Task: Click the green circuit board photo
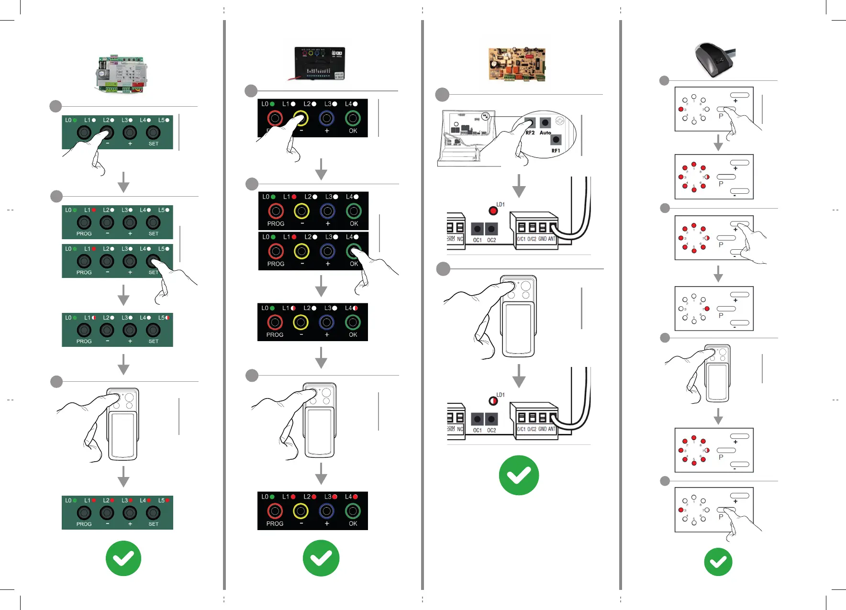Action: point(122,74)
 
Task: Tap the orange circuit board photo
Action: point(516,64)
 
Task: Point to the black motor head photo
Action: point(713,59)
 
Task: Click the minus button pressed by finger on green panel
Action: point(107,133)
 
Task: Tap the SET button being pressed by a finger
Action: point(153,261)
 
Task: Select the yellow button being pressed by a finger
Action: point(301,118)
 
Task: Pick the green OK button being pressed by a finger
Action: point(353,251)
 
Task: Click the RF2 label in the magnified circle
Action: point(530,133)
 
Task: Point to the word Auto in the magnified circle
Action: point(545,133)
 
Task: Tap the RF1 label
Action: point(556,151)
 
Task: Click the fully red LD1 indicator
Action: point(493,211)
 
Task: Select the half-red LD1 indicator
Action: point(493,401)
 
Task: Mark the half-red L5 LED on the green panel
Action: point(167,318)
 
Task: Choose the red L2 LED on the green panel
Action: point(112,500)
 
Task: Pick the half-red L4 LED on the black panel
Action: point(355,308)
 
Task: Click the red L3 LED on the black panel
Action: point(334,497)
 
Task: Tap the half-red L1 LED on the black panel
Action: point(293,308)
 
